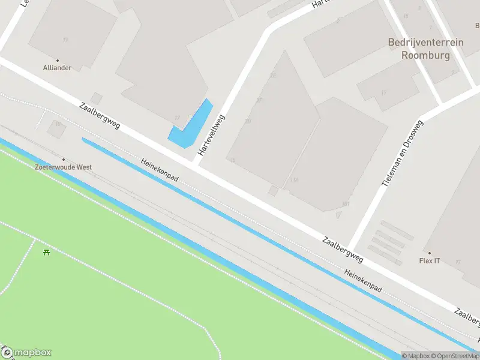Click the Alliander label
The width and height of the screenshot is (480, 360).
point(58,68)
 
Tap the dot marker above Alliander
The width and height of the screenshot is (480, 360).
point(58,60)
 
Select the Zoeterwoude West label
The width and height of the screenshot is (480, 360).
point(63,167)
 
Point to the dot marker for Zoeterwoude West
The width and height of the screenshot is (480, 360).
point(63,160)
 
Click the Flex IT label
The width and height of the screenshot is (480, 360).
point(430,261)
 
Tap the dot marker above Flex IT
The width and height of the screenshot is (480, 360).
point(430,253)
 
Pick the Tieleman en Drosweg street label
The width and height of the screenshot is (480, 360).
point(403,152)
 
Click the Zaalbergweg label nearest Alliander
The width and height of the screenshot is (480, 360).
point(100,116)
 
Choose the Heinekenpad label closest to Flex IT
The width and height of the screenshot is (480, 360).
point(363,280)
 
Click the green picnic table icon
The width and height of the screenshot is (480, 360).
point(47,252)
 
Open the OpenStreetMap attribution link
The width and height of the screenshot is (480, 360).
point(455,356)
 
